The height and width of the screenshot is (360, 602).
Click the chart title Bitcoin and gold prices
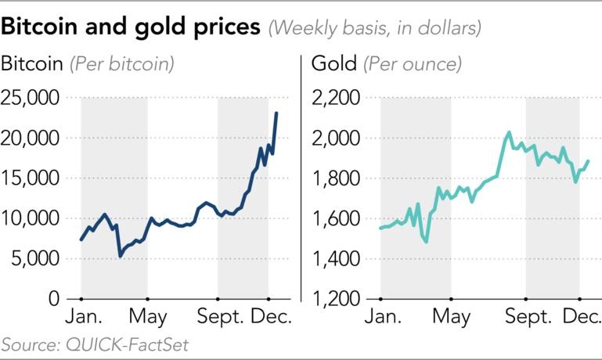132,27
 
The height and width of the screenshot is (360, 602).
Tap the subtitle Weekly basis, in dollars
374,28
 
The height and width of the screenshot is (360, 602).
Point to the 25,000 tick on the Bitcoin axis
31,98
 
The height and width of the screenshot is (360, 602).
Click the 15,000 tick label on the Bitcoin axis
31,178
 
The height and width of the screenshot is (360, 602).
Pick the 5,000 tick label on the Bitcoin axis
36,259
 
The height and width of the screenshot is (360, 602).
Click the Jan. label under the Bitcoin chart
81,318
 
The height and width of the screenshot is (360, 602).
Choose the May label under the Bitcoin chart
148,318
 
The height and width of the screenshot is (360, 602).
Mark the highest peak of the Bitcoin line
276,113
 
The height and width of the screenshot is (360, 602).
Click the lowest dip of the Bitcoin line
120,256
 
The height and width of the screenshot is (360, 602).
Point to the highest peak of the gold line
508,132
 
